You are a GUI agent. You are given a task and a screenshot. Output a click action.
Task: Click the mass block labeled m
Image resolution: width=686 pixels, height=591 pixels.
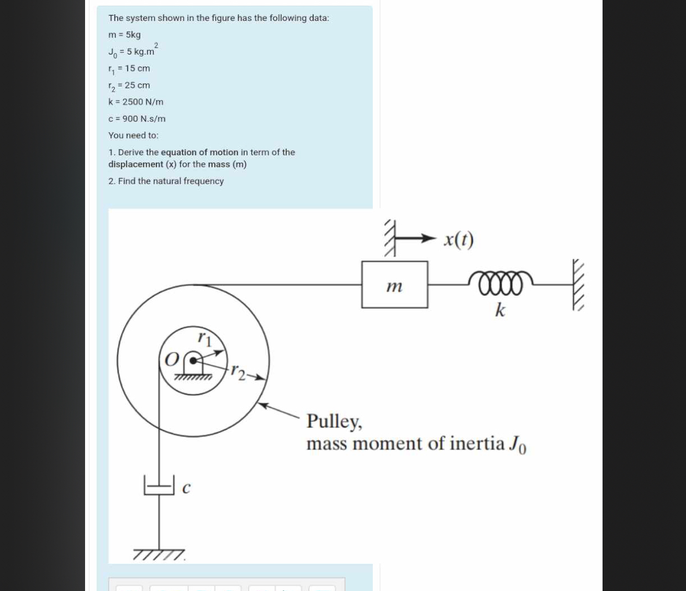tap(394, 285)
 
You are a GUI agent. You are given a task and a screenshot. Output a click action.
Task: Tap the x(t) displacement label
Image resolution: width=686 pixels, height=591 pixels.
tap(458, 239)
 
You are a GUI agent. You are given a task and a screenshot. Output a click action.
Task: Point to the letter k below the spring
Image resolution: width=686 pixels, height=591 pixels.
tap(500, 310)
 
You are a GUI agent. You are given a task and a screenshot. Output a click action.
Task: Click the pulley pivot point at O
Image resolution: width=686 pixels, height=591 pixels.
tap(193, 360)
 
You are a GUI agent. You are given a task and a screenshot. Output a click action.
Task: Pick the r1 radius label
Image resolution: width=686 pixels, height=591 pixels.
tap(204, 338)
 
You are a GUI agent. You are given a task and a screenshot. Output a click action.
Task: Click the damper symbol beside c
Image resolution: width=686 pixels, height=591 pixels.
tap(159, 485)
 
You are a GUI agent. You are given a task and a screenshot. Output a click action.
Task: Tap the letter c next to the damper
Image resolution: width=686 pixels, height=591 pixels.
tap(186, 488)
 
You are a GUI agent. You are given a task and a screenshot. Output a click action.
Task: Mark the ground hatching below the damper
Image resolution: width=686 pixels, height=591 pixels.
tap(159, 554)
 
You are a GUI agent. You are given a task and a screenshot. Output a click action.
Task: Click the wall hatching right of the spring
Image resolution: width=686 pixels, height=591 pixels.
tap(578, 285)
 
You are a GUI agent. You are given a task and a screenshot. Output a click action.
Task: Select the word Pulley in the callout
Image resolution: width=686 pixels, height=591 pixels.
tap(334, 421)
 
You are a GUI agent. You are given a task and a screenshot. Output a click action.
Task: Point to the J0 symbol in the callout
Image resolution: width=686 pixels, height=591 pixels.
tap(518, 444)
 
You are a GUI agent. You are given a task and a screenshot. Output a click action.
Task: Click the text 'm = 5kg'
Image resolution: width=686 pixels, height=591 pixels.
tap(124, 35)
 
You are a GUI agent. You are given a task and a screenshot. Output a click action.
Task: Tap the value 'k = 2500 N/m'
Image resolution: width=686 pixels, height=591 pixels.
tap(136, 102)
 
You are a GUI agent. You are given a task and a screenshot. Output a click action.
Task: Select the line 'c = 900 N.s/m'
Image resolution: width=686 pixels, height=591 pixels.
tap(137, 119)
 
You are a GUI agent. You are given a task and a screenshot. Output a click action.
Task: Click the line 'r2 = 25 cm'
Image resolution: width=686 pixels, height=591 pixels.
tap(129, 86)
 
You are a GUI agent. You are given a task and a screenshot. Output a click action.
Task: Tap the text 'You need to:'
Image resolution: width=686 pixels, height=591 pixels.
tap(133, 135)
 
